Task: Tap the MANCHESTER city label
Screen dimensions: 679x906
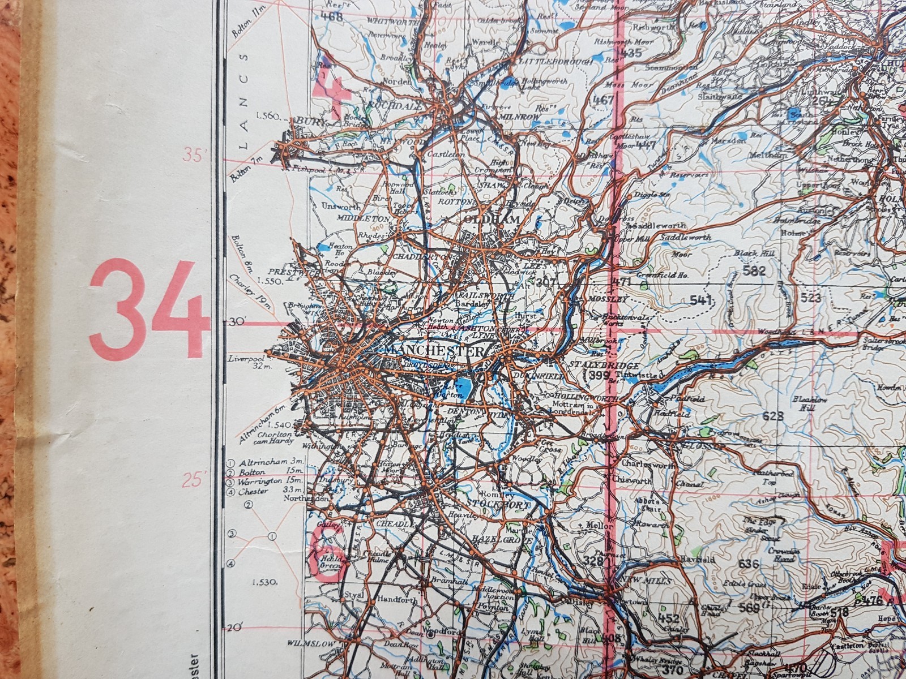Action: pyautogui.click(x=433, y=351)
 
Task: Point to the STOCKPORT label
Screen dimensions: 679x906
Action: pyautogui.click(x=498, y=503)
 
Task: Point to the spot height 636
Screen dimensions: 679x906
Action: pyautogui.click(x=749, y=564)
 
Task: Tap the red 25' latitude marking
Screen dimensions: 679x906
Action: pyautogui.click(x=193, y=480)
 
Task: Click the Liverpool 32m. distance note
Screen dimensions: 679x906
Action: pyautogui.click(x=247, y=362)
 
